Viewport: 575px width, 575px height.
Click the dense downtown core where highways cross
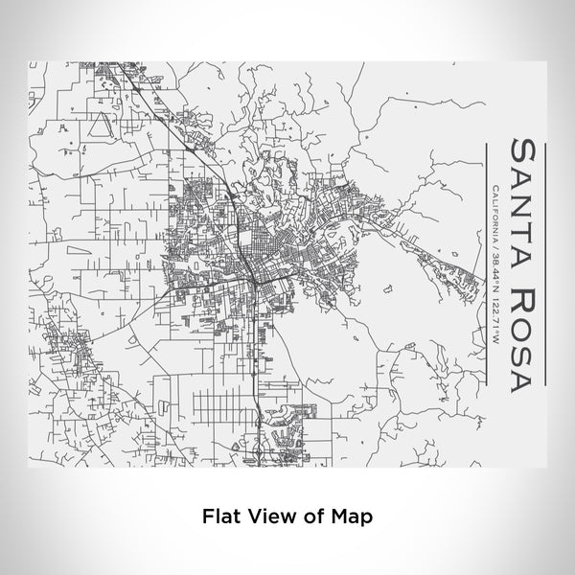(251, 273)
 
